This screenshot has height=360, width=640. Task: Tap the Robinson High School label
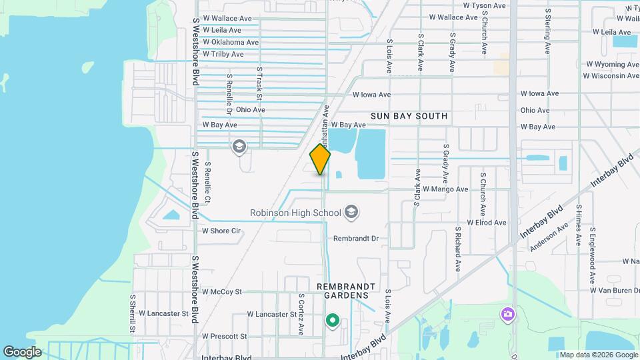coord(295,213)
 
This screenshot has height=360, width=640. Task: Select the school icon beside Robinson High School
coord(351,213)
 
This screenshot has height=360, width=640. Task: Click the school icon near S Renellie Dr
coord(239,146)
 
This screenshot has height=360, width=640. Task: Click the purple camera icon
coord(507,313)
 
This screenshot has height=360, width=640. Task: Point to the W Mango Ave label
coord(445,189)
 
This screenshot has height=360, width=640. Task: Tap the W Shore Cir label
coord(221,231)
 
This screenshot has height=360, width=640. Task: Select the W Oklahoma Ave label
coord(230,42)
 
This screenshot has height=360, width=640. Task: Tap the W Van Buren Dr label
coord(615,290)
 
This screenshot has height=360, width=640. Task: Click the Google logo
coord(22,351)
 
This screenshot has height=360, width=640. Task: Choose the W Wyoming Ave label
coord(612,65)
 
